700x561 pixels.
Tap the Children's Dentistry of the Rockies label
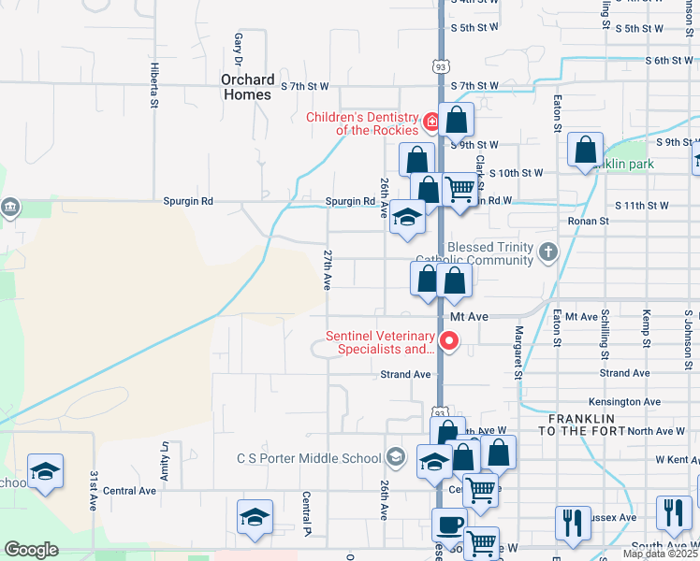click(364, 123)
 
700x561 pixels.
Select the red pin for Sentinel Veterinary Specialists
click(449, 341)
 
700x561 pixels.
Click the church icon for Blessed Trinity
click(548, 251)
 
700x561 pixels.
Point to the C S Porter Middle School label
click(309, 458)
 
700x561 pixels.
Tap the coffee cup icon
click(448, 525)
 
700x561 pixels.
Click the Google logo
click(31, 550)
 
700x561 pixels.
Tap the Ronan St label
click(588, 222)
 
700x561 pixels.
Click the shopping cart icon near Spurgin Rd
click(459, 189)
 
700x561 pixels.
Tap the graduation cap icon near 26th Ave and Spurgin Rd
click(407, 217)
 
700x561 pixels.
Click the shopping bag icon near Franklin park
click(585, 150)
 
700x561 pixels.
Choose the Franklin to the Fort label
click(581, 424)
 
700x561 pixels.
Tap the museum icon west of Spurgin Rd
click(10, 207)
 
